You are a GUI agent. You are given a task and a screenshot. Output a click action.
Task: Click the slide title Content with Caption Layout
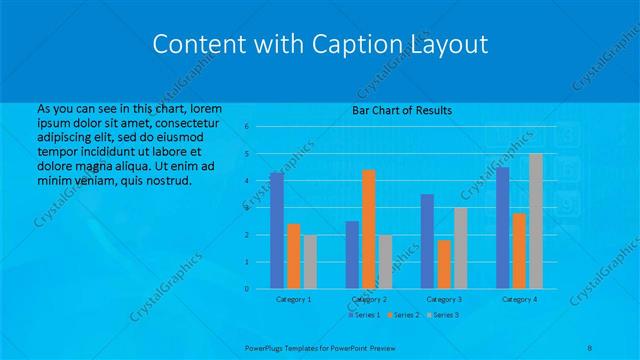click(x=320, y=44)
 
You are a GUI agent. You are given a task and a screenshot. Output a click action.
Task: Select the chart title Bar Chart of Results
click(x=402, y=110)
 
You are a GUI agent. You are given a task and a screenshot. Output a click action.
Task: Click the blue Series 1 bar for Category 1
click(x=277, y=230)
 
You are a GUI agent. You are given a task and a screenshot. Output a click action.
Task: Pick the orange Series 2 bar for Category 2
click(x=369, y=229)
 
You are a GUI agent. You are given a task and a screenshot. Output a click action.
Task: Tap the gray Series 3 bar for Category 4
click(x=535, y=221)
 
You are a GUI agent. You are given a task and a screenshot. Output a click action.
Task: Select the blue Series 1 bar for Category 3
click(x=428, y=241)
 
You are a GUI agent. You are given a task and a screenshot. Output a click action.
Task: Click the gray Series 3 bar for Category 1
click(x=310, y=261)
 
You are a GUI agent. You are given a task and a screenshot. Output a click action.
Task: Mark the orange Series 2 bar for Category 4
click(x=519, y=250)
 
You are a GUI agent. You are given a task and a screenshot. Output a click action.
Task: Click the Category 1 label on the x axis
click(x=293, y=299)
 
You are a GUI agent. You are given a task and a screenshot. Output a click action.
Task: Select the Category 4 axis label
click(x=519, y=299)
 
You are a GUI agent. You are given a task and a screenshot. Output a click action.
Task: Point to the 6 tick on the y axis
click(x=246, y=127)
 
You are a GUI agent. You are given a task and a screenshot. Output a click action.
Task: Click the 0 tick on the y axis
click(x=246, y=289)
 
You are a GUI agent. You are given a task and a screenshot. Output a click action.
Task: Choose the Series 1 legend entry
click(x=365, y=315)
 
